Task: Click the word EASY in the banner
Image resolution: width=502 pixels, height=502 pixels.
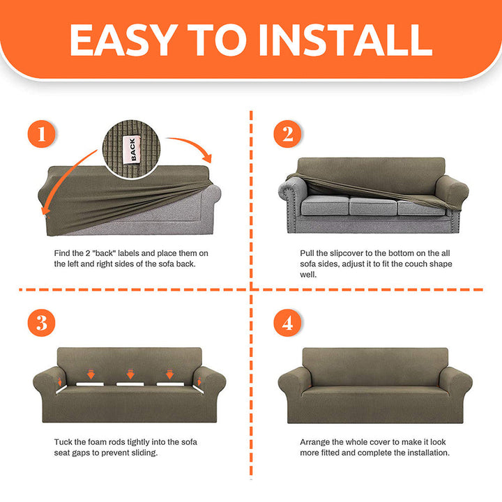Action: pyautogui.click(x=124, y=40)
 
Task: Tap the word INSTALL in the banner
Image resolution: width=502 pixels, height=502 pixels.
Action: pyautogui.click(x=346, y=40)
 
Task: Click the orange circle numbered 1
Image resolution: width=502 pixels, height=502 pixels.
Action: pyautogui.click(x=41, y=134)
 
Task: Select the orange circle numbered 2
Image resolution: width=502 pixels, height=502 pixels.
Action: pyautogui.click(x=287, y=134)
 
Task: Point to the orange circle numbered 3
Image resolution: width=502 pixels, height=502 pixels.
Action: pyautogui.click(x=41, y=323)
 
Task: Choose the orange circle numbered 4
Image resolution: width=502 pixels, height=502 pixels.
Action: pyautogui.click(x=287, y=323)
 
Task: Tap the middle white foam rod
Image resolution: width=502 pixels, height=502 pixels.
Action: pyautogui.click(x=130, y=384)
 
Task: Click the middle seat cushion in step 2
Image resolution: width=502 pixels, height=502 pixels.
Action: pyautogui.click(x=373, y=206)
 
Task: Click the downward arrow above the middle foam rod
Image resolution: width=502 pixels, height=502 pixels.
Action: pyautogui.click(x=130, y=374)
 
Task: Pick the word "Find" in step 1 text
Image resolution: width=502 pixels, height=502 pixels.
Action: pyautogui.click(x=61, y=253)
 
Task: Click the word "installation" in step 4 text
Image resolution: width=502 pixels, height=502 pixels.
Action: pyautogui.click(x=428, y=452)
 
